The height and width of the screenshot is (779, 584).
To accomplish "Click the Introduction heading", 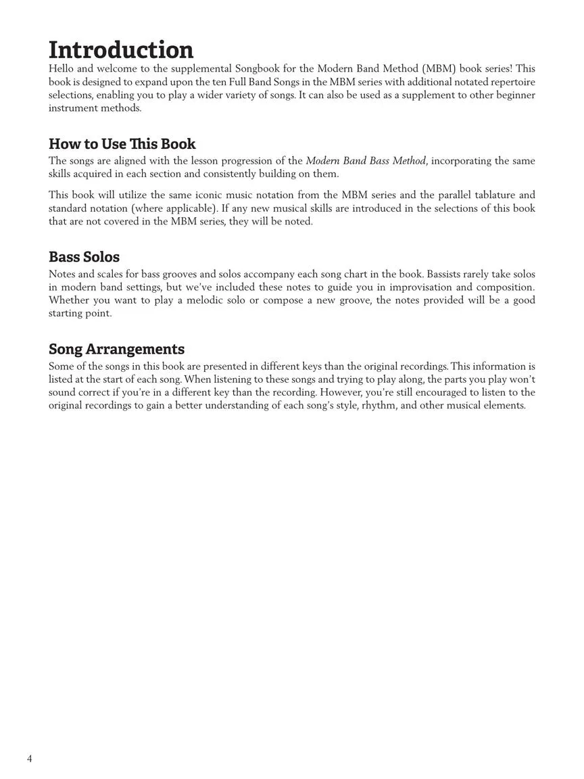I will click(121, 50).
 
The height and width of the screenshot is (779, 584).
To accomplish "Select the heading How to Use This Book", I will click(122, 144).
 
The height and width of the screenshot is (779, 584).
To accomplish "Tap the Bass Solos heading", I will click(84, 257).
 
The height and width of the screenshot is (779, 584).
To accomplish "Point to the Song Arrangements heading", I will click(116, 349).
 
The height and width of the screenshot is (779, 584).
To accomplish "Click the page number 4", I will click(30, 758).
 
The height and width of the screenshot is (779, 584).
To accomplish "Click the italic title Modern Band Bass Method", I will click(366, 161).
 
